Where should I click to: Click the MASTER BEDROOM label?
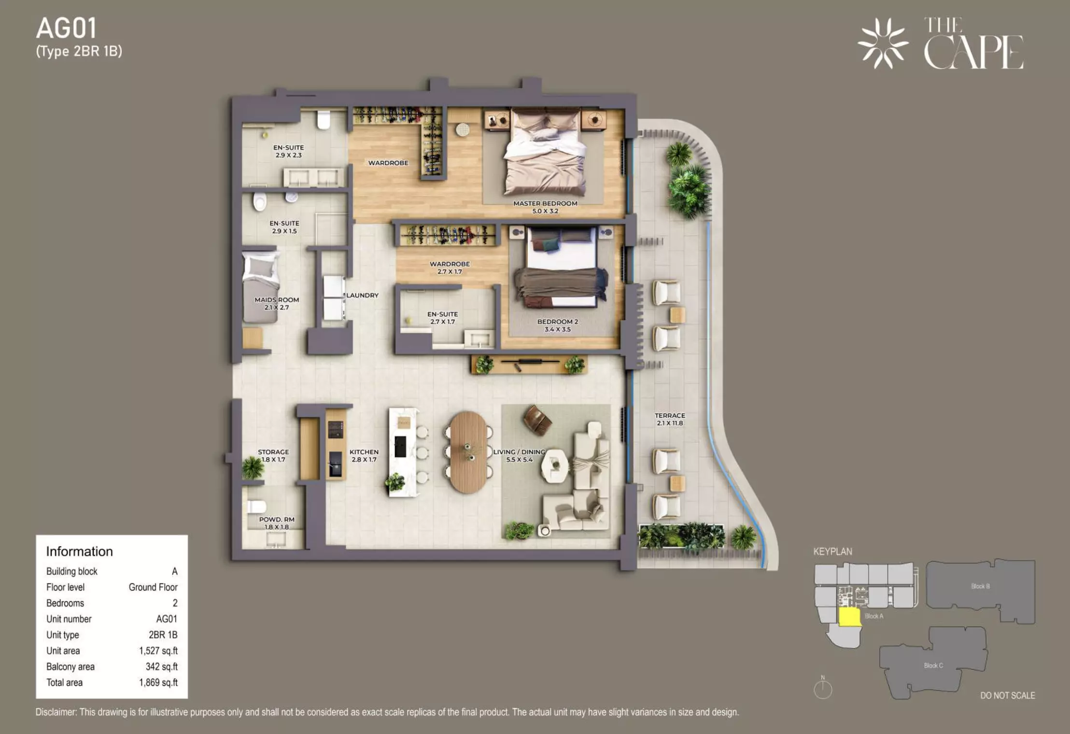click(x=545, y=203)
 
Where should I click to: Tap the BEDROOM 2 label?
click(x=558, y=322)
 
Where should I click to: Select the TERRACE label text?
click(x=670, y=415)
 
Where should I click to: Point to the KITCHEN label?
click(x=364, y=452)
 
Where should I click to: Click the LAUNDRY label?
click(x=362, y=295)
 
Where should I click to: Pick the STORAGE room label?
click(x=273, y=452)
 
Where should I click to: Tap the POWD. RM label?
click(x=277, y=520)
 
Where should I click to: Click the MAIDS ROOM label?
click(x=277, y=300)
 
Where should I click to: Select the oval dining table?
click(x=468, y=452)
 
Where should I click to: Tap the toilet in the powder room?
click(x=256, y=507)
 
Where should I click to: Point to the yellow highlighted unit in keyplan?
click(x=850, y=617)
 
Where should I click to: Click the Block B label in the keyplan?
click(x=980, y=586)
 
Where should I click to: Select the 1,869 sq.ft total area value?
click(x=158, y=682)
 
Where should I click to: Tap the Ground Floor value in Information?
click(x=153, y=587)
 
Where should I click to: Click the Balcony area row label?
click(x=70, y=667)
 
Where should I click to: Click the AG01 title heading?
click(x=66, y=28)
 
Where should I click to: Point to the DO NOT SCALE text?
click(x=1008, y=695)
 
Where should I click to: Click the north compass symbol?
click(x=823, y=688)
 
